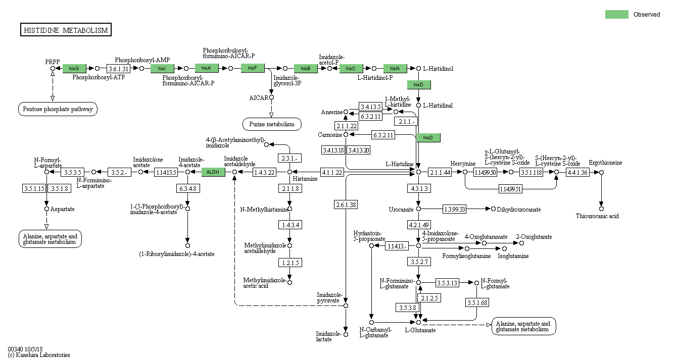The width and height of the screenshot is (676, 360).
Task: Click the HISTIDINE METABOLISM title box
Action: point(66,30)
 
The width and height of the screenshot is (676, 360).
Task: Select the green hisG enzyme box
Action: point(74,68)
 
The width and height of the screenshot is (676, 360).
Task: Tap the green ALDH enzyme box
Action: point(213,172)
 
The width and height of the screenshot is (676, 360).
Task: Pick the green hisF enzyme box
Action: point(253,68)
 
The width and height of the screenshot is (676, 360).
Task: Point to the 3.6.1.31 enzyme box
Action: point(119,68)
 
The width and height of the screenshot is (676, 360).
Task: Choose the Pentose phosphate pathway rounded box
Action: point(58,109)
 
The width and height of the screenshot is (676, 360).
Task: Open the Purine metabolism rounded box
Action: point(272,124)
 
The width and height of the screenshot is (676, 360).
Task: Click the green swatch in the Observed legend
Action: point(616,15)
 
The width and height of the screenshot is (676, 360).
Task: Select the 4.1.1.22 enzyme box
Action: point(332,172)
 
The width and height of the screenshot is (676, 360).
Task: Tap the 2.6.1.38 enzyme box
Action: point(346,204)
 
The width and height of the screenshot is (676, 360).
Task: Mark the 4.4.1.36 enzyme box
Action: point(577,172)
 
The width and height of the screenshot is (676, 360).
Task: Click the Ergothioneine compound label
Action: point(605,163)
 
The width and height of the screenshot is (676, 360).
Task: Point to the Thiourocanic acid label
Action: point(597,216)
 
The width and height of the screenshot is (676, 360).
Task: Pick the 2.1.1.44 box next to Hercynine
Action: point(440,172)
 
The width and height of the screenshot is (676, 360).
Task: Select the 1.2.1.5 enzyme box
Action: point(289,263)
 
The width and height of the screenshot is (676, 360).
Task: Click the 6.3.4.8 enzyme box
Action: point(187,189)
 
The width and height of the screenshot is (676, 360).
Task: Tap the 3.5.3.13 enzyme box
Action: point(447,283)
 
